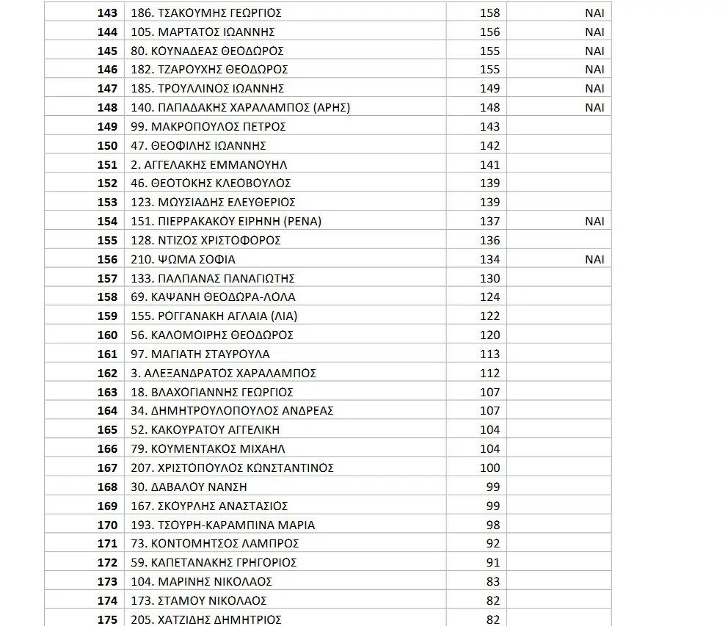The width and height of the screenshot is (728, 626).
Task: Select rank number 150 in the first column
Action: point(107,145)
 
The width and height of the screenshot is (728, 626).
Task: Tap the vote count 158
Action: point(489,12)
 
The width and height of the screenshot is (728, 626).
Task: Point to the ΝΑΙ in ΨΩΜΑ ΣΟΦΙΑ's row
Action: point(594,259)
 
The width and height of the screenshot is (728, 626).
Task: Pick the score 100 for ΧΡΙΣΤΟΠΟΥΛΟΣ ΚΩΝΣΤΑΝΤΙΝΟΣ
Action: point(489,467)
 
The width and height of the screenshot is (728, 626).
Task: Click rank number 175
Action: point(107,619)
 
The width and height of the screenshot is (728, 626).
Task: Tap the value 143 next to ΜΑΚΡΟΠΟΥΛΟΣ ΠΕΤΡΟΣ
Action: point(489,126)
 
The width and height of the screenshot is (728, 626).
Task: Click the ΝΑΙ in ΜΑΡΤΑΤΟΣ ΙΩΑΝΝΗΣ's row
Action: point(594,32)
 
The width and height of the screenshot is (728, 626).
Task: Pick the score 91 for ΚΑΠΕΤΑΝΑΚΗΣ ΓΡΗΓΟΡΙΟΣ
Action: point(492,562)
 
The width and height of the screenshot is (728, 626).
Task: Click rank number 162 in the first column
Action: point(107,373)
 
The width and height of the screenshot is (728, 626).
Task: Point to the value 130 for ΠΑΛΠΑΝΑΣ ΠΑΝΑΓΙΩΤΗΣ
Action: point(489,278)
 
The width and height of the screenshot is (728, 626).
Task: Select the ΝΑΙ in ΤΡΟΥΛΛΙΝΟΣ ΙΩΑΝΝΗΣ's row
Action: point(594,88)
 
